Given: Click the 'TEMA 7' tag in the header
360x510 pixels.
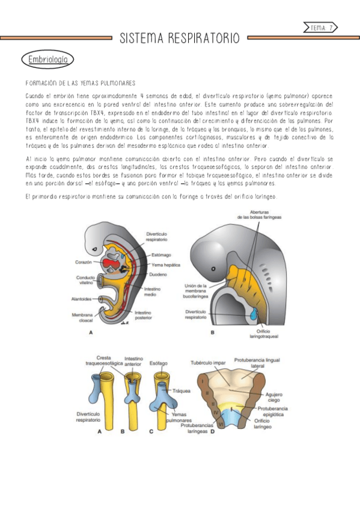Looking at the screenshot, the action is pos(322,28).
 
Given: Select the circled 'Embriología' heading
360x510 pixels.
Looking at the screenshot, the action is pos(47,60).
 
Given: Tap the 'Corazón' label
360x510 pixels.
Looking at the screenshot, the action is pos(84,263).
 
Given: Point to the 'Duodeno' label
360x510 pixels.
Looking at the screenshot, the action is pos(158,275).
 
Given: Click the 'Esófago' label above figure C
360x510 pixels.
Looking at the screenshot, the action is pos(160,363).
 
